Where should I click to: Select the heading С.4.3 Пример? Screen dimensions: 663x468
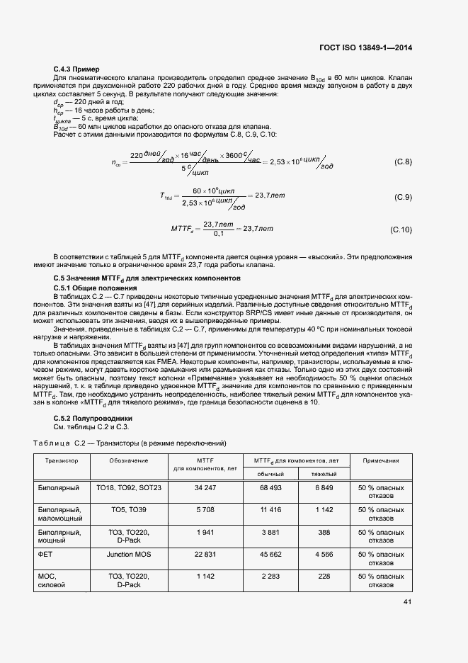pyautogui.click(x=76, y=69)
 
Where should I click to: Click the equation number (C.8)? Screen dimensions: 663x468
pyautogui.click(x=402, y=162)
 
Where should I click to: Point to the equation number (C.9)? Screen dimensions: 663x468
pyautogui.click(x=402, y=196)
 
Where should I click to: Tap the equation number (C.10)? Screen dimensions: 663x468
pyautogui.click(x=401, y=229)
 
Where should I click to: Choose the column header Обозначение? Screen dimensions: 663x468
pyautogui.click(x=129, y=460)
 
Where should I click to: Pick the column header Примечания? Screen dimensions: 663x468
pyautogui.click(x=381, y=460)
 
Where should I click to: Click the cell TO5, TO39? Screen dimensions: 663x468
pyautogui.click(x=129, y=510)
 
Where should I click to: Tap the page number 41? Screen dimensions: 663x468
pyautogui.click(x=407, y=602)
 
